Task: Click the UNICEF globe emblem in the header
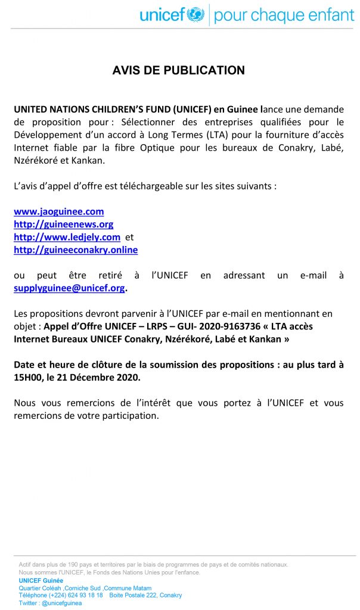pos(195,15)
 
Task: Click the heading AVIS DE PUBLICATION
pos(179,70)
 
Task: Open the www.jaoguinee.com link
pos(59,211)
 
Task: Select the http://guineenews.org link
pos(64,224)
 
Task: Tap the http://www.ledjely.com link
pos(67,237)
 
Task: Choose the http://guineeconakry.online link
pos(76,250)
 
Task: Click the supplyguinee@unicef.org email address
pos(69,288)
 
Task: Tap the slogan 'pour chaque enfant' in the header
pos(284,15)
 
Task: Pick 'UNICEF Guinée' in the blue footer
pos(41,580)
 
